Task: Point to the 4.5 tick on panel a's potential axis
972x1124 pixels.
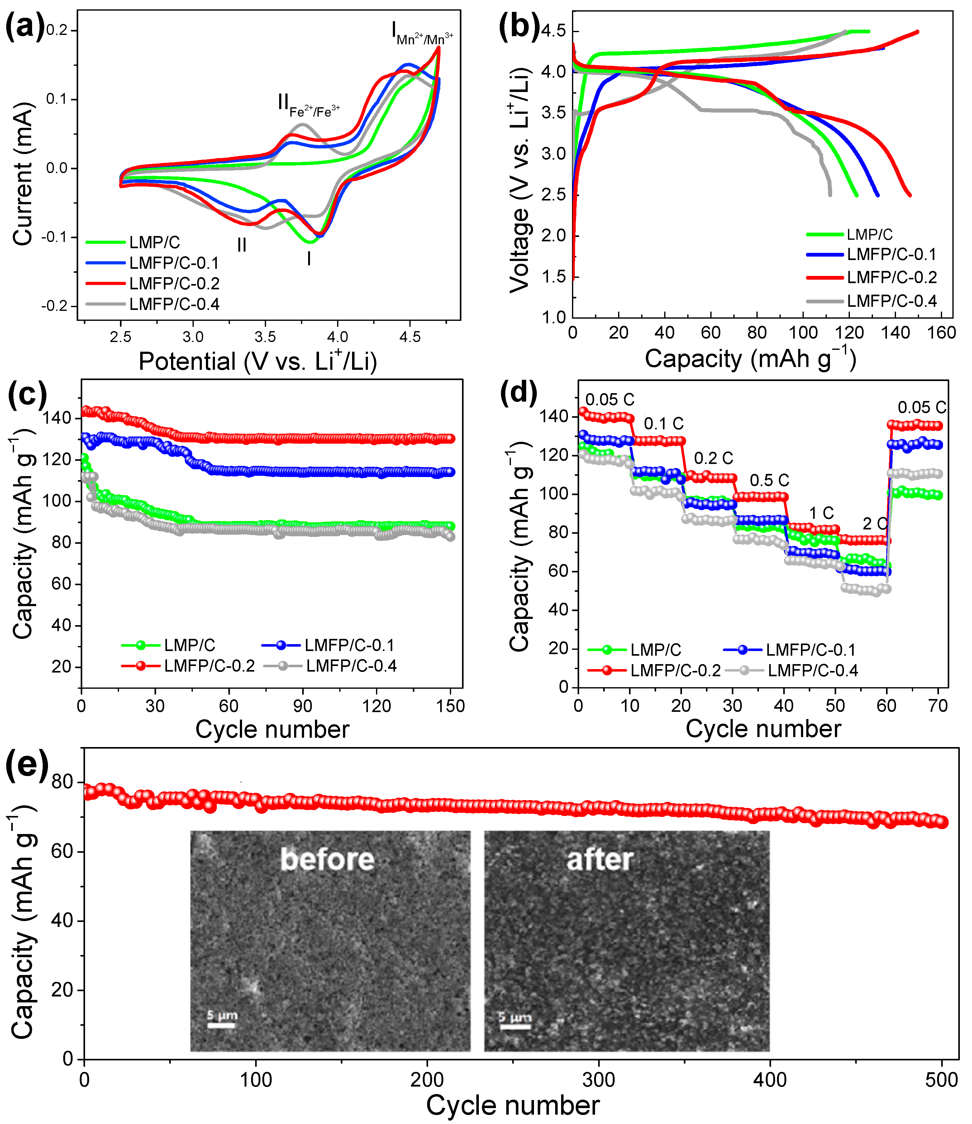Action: tap(410, 337)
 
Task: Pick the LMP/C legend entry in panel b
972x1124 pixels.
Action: tap(869, 234)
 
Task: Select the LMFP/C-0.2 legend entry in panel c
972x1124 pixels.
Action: tap(209, 666)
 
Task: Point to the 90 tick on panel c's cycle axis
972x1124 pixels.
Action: tap(303, 706)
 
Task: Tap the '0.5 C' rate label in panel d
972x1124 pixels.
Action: tap(769, 480)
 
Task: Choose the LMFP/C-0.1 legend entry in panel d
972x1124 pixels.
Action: tap(810, 650)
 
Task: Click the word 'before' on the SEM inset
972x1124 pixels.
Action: tap(327, 859)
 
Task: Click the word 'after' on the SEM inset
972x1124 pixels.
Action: tap(600, 859)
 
